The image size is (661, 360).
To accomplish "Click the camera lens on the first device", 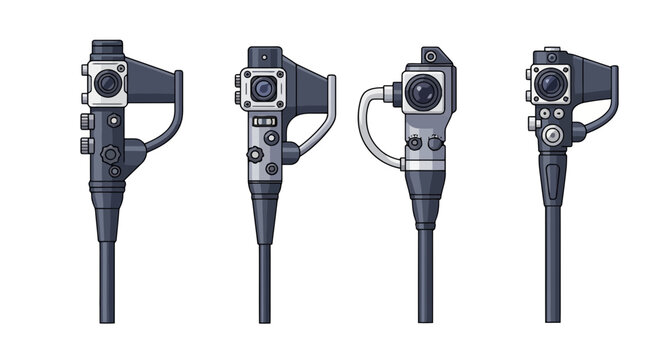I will pos(107,85).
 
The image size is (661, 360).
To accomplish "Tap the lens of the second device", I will pos(263,90).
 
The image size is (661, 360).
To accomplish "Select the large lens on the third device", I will pos(425,93).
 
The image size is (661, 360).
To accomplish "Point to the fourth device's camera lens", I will pos(548,84).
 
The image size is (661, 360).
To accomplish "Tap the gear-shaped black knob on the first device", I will pos(110,154).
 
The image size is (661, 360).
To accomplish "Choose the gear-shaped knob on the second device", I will pos(256,154).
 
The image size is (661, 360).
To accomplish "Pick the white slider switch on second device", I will pos(265,120).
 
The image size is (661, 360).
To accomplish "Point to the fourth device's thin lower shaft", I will pos(552,270).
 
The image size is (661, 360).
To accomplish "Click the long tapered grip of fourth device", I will pos(553,180).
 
